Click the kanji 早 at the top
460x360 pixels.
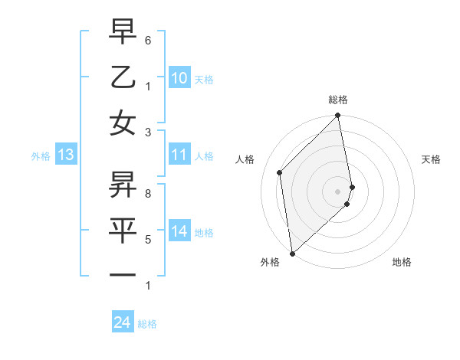(122, 31)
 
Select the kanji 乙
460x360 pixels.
(122, 77)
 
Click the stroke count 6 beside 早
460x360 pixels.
(148, 40)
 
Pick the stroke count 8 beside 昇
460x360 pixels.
(148, 194)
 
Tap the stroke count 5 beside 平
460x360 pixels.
(148, 240)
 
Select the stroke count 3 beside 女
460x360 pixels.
(148, 132)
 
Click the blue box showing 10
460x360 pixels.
(179, 78)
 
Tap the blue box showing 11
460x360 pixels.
(179, 155)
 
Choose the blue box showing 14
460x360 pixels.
(179, 231)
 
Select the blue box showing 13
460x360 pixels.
(65, 155)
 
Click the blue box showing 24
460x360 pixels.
(122, 322)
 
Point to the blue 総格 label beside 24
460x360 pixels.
(147, 324)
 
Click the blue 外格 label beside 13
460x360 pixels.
(41, 156)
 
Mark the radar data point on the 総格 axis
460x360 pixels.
(338, 116)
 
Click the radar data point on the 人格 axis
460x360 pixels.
(280, 172)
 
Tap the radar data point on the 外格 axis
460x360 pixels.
(292, 253)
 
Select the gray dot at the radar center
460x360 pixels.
(338, 191)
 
